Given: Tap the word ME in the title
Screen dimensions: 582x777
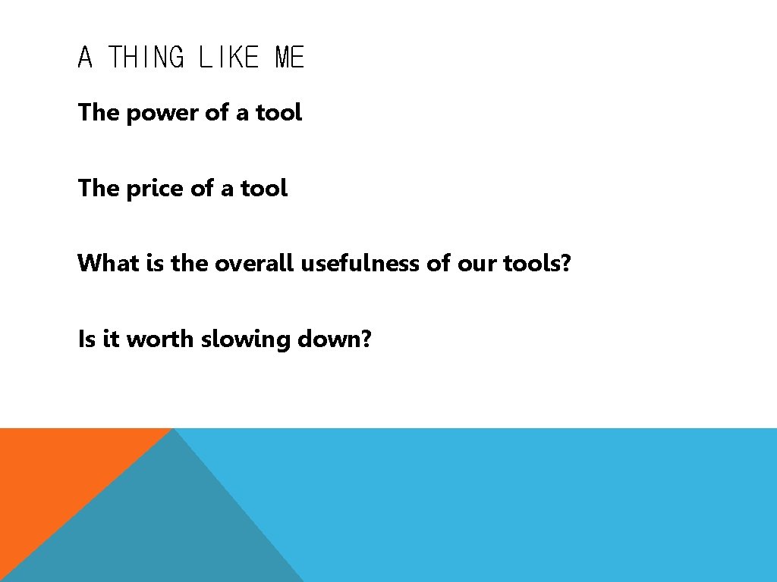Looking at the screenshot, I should point(289,58).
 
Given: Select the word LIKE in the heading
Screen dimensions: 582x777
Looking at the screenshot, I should point(228,58).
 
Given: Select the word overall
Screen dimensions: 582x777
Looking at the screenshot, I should point(255,264).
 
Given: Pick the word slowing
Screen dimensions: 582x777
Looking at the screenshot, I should point(246,339).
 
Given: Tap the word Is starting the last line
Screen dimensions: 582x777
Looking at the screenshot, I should point(86,339).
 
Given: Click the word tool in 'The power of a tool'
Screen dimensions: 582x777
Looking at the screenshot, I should point(278,114).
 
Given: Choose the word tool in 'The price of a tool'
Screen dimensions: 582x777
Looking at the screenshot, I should point(264,189).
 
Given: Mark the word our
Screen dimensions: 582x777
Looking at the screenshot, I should point(476,264).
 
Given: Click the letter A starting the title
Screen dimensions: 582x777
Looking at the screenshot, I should point(85,58).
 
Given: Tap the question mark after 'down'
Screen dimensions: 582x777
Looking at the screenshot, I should point(367,339).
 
